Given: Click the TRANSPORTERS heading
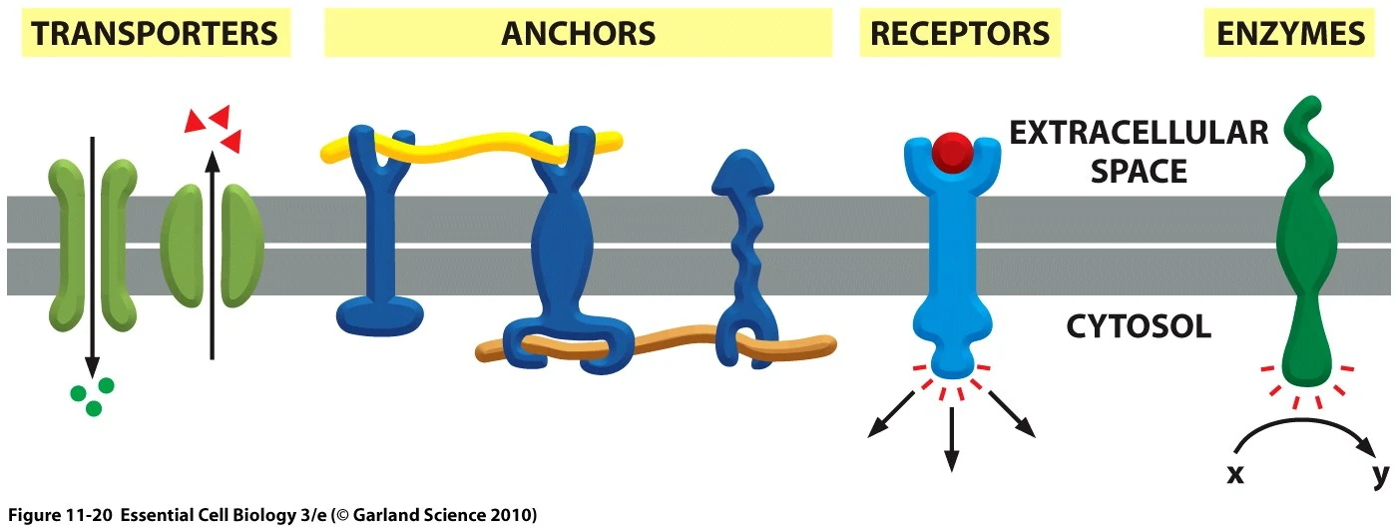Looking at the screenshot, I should (x=155, y=34).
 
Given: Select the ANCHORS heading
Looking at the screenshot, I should (x=578, y=34).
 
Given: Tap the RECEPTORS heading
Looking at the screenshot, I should (x=960, y=34).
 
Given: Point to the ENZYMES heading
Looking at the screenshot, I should (x=1290, y=34).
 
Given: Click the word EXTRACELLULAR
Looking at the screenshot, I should (x=1138, y=133).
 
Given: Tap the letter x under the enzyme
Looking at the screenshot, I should (x=1235, y=474).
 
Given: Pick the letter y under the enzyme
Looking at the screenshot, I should (x=1380, y=473).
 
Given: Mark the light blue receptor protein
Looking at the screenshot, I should (x=951, y=260).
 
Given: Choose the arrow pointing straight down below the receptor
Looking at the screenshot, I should (x=951, y=439).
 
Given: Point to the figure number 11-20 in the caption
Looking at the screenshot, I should (x=85, y=515).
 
